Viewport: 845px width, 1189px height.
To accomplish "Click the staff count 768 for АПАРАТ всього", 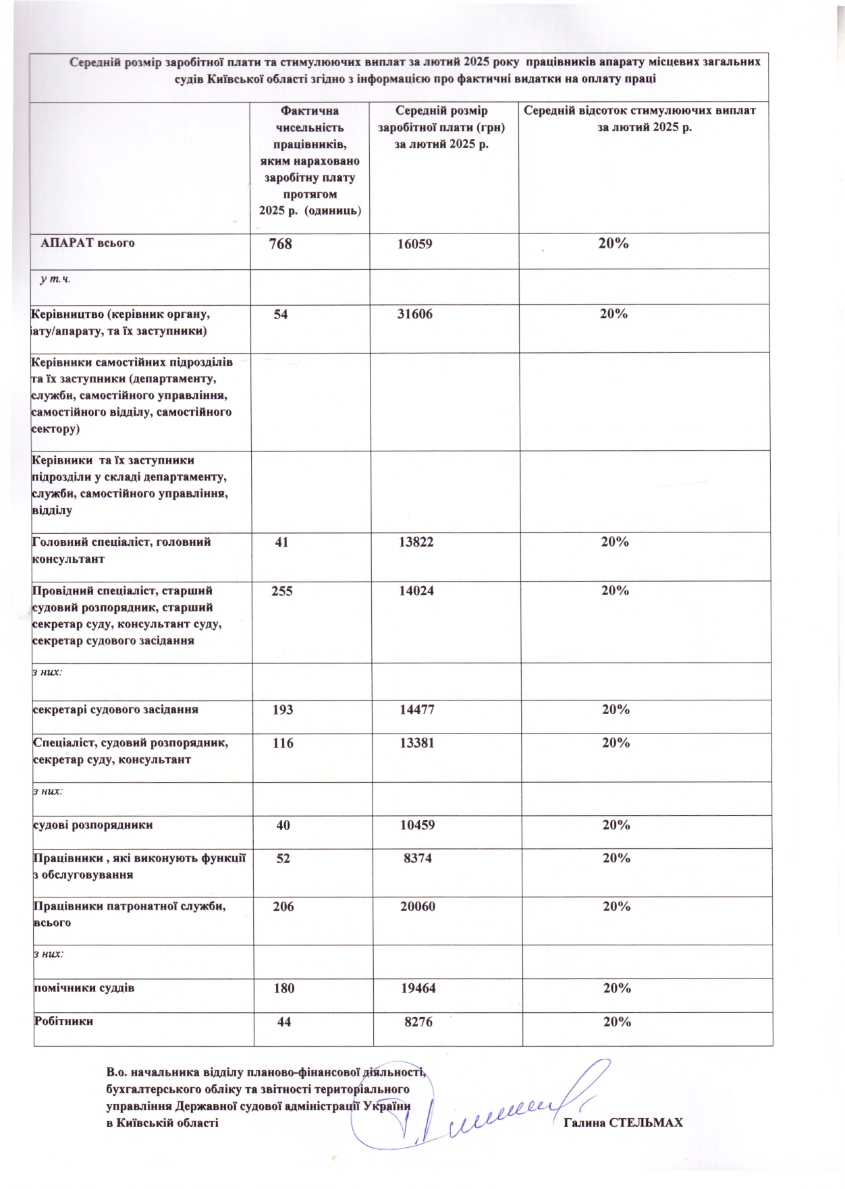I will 280,244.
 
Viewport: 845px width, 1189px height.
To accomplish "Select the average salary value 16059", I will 414,244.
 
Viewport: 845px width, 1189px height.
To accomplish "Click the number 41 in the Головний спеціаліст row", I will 281,542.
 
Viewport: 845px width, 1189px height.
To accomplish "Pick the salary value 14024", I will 416,590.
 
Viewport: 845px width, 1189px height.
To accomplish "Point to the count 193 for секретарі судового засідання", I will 282,709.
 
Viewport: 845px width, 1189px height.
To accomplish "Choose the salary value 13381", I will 416,743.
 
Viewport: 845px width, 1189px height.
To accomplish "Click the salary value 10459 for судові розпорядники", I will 417,825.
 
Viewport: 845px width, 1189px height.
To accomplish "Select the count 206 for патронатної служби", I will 283,906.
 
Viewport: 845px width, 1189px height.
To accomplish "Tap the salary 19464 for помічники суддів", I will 418,988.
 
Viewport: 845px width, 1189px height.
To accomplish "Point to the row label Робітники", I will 63,1021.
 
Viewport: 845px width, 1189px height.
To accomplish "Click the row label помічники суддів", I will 84,988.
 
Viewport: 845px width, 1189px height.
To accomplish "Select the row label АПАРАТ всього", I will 88,243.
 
